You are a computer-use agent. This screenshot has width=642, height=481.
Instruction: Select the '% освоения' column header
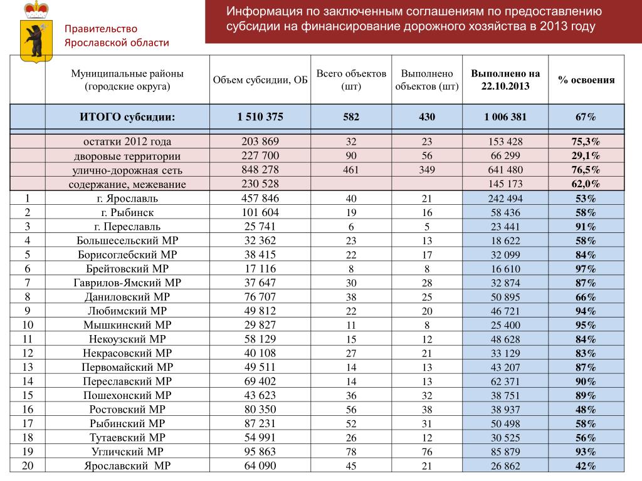[x=586, y=80]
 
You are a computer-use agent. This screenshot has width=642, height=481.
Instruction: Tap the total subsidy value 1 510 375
[x=260, y=117]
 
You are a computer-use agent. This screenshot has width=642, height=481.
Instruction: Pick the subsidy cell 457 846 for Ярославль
[x=260, y=199]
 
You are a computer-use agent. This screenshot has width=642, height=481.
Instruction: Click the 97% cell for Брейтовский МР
[x=586, y=269]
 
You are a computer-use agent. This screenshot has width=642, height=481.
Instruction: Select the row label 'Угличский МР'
[x=127, y=452]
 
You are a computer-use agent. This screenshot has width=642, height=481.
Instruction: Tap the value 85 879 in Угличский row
[x=505, y=452]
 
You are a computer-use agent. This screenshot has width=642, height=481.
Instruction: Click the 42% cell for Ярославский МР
[x=586, y=465]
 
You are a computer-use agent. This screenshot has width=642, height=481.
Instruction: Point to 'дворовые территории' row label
[x=127, y=157]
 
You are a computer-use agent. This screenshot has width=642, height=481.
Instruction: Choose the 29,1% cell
[x=586, y=156]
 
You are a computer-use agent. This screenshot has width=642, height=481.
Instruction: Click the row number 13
[x=28, y=367]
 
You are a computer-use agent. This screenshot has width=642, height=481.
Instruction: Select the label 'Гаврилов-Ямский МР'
[x=127, y=283]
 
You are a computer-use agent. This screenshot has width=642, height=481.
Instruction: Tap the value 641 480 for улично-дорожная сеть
[x=505, y=170]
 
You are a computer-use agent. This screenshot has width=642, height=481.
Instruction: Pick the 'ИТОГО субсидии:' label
[x=127, y=117]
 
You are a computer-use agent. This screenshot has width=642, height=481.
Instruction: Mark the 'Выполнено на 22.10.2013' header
[x=505, y=80]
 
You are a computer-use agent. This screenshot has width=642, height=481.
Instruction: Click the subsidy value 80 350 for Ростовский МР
[x=260, y=410]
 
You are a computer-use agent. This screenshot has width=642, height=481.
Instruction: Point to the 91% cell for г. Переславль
[x=586, y=227]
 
